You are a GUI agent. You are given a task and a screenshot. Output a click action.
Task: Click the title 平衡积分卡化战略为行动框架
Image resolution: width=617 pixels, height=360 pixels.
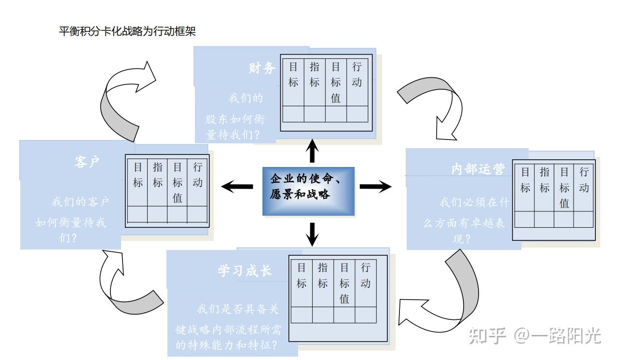(x=127, y=32)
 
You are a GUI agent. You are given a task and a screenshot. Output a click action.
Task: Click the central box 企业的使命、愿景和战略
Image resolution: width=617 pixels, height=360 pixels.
(x=308, y=188)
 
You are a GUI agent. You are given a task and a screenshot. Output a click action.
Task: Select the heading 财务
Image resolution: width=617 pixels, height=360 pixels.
(x=262, y=68)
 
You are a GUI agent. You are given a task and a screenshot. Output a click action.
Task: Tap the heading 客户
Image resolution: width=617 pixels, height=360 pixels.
(x=87, y=162)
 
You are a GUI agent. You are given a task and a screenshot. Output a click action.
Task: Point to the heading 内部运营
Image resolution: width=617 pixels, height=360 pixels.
(x=478, y=169)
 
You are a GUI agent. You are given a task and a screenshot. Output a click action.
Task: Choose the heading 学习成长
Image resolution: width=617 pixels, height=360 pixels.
(x=245, y=271)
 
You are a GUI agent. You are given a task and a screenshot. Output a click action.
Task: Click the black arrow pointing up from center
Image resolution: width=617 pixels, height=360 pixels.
(x=313, y=151)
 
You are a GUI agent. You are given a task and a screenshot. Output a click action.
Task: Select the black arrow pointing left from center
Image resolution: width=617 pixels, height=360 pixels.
(x=236, y=186)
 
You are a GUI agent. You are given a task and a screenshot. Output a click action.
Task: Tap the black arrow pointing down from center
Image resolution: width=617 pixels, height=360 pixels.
(x=313, y=233)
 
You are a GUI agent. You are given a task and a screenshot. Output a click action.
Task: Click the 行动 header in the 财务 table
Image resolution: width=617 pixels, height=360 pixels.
(x=357, y=75)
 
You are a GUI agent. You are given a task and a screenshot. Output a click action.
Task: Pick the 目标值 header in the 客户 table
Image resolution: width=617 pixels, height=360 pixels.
(x=178, y=182)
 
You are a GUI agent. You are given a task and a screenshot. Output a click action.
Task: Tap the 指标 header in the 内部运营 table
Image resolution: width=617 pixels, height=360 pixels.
(x=545, y=180)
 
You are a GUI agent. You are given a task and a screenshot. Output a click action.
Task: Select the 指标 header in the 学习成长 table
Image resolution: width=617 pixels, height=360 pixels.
(x=323, y=276)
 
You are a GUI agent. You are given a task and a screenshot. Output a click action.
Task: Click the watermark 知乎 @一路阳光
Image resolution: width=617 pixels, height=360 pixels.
(x=535, y=335)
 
